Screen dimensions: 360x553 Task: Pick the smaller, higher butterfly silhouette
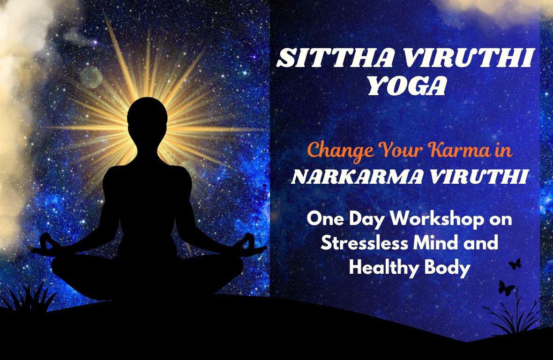tap(516, 263)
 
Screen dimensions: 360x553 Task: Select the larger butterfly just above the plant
tap(506, 287)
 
